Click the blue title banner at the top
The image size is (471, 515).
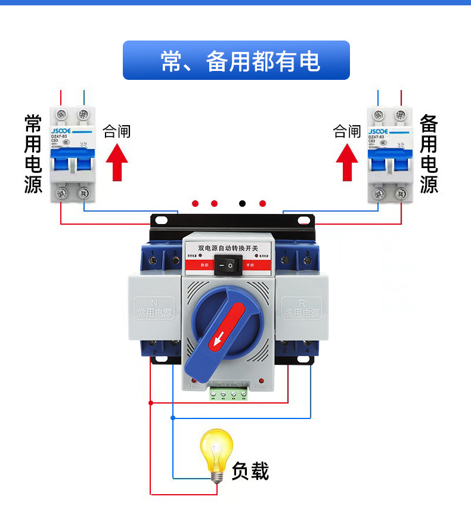[x=236, y=60]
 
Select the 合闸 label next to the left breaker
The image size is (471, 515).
[x=117, y=131]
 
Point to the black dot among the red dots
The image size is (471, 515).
[x=243, y=203]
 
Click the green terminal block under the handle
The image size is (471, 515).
[x=228, y=393]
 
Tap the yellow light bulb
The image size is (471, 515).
[x=216, y=452]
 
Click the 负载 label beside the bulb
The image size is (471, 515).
[x=250, y=471]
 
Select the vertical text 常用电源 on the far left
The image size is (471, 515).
[x=33, y=154]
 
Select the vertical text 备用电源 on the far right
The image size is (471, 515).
[x=429, y=154]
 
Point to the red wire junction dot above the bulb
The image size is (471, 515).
[x=150, y=403]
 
